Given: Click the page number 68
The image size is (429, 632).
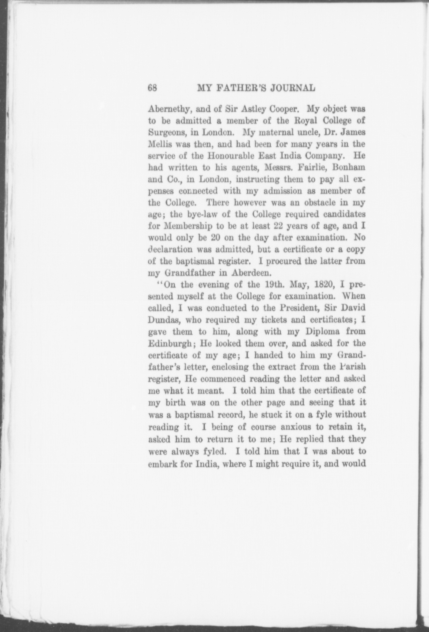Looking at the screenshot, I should tap(153, 88).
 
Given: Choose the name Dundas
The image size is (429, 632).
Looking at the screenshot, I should tap(163, 320).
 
